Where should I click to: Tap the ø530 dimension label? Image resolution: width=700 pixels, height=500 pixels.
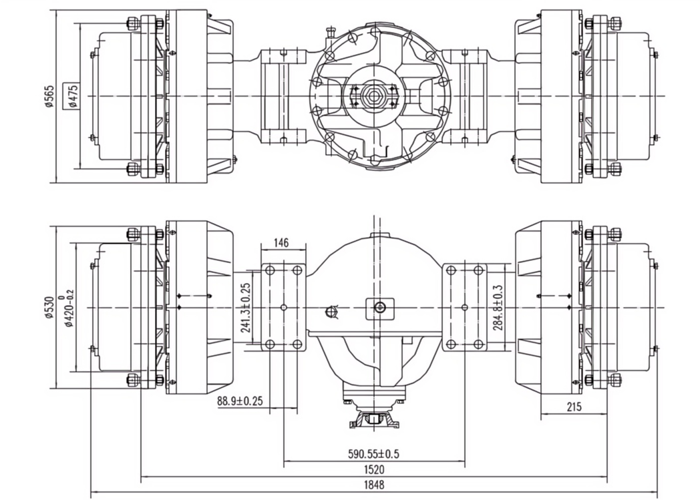(x=49, y=306)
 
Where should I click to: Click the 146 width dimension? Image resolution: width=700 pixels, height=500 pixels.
(x=282, y=244)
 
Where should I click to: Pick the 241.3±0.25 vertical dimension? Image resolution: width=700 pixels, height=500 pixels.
(x=246, y=307)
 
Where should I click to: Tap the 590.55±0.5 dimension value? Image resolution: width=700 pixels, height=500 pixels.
(x=374, y=454)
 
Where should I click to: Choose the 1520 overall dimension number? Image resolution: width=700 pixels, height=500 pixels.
(x=374, y=470)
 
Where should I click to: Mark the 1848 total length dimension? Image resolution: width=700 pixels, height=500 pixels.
(x=374, y=485)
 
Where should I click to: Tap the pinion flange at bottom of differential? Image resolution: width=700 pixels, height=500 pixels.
(x=374, y=420)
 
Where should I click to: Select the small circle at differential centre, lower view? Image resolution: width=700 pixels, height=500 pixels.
(x=380, y=307)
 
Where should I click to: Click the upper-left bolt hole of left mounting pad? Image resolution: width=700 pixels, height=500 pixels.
(x=270, y=270)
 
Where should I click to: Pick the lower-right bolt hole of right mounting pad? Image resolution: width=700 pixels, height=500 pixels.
(x=478, y=344)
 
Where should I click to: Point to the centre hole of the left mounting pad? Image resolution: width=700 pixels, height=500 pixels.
(x=284, y=307)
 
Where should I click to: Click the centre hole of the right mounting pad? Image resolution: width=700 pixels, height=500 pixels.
(x=465, y=307)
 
